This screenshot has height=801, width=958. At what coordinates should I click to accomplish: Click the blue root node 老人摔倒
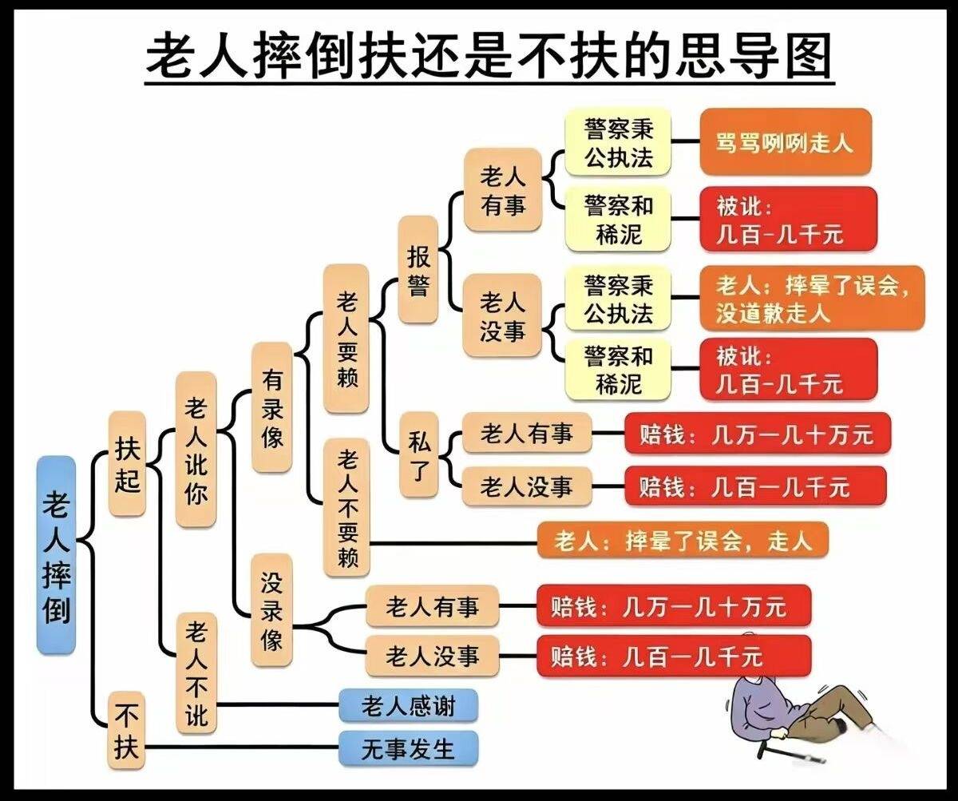[x=56, y=554]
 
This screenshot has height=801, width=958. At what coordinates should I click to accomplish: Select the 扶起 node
[x=127, y=464]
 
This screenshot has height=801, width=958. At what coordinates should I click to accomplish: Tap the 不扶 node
[x=126, y=731]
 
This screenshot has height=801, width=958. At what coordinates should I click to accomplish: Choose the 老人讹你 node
[x=196, y=450]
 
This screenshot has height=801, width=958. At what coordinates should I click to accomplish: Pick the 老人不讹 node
[x=196, y=673]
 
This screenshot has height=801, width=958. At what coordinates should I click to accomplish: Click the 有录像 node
[x=272, y=407]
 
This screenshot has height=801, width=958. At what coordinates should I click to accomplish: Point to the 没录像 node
[x=271, y=610]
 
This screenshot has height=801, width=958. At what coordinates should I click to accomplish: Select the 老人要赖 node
[x=346, y=339]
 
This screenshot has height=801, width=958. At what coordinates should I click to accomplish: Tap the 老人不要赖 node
[x=346, y=508]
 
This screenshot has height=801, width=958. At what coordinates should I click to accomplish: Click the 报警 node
[x=418, y=270]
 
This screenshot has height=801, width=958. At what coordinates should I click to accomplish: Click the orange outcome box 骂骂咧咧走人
[x=786, y=142]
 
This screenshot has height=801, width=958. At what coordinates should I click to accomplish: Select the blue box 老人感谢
[x=408, y=705]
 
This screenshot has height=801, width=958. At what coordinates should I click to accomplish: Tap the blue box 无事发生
[x=408, y=748]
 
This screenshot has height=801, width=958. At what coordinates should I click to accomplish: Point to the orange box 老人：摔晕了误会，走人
[x=683, y=541]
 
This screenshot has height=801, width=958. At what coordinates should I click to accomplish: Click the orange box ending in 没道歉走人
[x=812, y=298]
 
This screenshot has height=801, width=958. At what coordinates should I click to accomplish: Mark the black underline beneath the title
[x=489, y=83]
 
